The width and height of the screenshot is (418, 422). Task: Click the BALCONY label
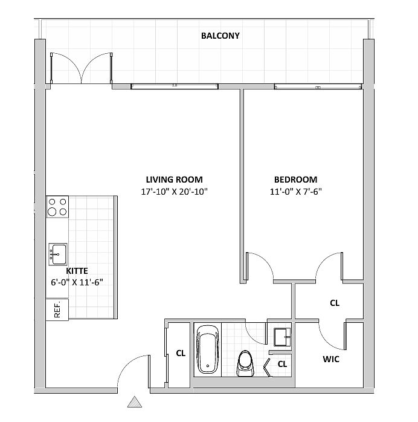pos(220,36)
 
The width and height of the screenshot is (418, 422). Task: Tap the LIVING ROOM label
pos(174,180)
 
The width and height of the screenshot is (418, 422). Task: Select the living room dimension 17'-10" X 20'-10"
pos(174,192)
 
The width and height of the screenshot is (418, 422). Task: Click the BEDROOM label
pos(296,180)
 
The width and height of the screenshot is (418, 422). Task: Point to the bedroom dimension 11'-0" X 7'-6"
pos(296,192)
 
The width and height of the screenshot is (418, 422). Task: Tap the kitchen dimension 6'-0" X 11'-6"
pos(77,282)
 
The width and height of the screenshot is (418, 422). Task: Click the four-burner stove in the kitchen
pos(57,207)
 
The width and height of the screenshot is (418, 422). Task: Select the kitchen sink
pos(58,255)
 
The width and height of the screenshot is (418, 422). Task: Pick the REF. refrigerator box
pos(57,310)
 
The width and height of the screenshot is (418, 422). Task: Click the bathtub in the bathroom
pos(208,349)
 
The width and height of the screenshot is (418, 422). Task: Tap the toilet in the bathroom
pos(245,363)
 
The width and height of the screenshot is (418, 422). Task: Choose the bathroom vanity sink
pos(282,337)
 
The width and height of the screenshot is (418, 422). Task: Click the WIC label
pos(331,359)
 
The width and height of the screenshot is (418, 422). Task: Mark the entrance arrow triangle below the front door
pos(135,402)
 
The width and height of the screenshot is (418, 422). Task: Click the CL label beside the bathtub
pos(181,353)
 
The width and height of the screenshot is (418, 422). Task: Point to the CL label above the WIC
pos(335,303)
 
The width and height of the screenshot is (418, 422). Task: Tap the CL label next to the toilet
pos(282,364)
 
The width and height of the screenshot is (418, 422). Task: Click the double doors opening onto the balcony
pos(82,68)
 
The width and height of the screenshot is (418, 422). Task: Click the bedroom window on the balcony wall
pos(318,86)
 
